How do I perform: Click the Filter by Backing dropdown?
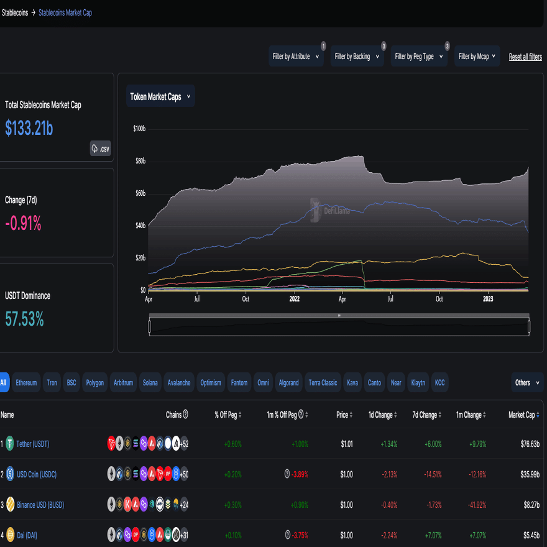pyautogui.click(x=357, y=57)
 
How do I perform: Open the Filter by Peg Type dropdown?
pyautogui.click(x=420, y=57)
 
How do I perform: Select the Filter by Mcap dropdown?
pyautogui.click(x=477, y=57)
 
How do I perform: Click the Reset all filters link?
pyautogui.click(x=525, y=57)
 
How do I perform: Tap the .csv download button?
pyautogui.click(x=101, y=149)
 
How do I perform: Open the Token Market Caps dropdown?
pyautogui.click(x=160, y=97)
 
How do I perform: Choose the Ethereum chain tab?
pyautogui.click(x=26, y=383)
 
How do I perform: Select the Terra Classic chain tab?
pyautogui.click(x=323, y=383)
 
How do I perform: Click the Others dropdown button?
pyautogui.click(x=526, y=383)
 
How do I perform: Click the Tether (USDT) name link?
pyautogui.click(x=32, y=444)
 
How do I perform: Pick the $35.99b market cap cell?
pyautogui.click(x=528, y=474)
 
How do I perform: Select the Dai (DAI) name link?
pyautogui.click(x=27, y=535)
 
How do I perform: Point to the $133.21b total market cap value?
pyautogui.click(x=29, y=128)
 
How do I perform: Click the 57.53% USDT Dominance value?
pyautogui.click(x=24, y=319)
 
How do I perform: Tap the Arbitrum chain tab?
pyautogui.click(x=123, y=383)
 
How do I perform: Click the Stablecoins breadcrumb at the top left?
pyautogui.click(x=15, y=12)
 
